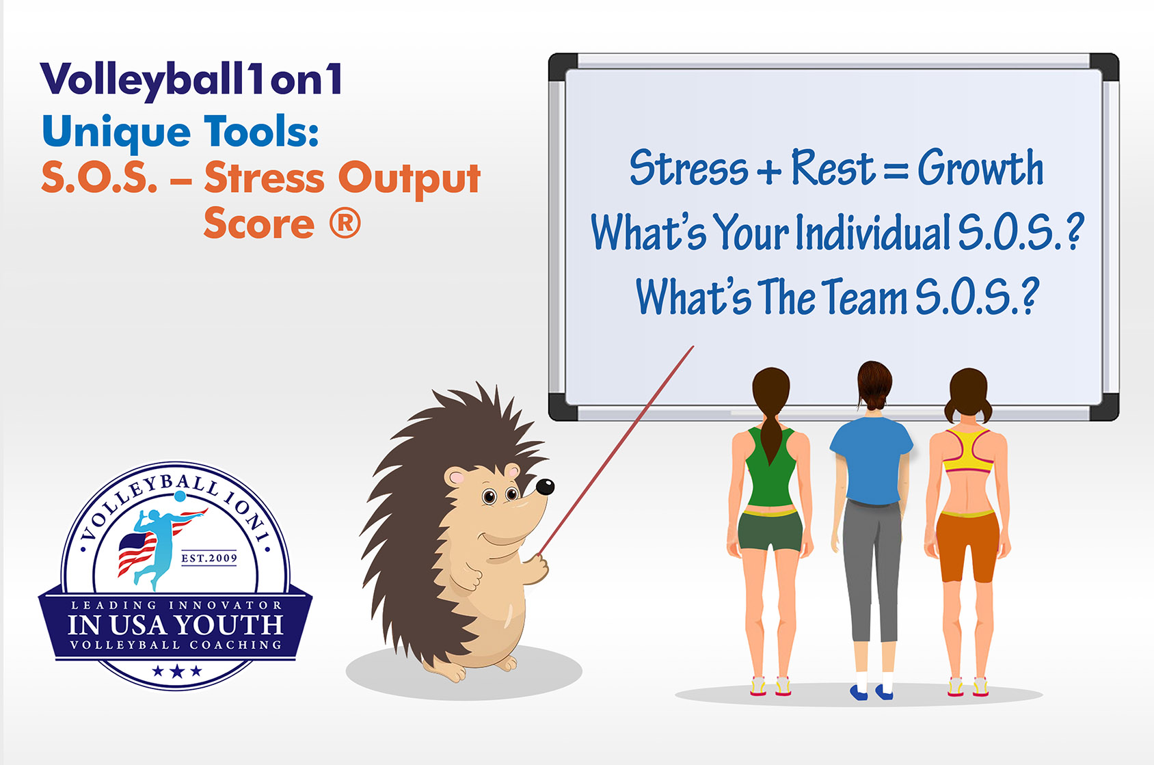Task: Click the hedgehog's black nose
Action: (545, 487)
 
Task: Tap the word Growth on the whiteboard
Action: (980, 167)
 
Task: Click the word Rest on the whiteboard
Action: (833, 167)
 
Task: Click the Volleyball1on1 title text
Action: (191, 80)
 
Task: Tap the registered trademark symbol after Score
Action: (345, 223)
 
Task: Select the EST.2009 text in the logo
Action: (209, 558)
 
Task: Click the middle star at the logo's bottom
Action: (177, 671)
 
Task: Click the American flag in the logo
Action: (137, 552)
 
